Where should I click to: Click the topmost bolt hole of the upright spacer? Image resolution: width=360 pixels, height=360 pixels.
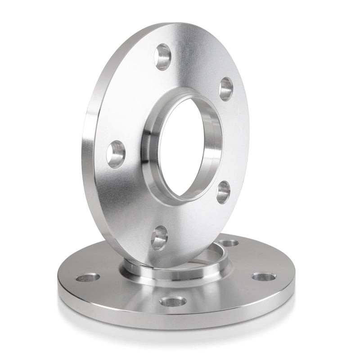click(x=162, y=56)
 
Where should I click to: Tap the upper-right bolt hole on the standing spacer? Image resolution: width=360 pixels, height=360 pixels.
click(x=226, y=88)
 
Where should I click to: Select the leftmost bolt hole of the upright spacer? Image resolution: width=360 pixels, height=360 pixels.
click(x=117, y=153)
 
